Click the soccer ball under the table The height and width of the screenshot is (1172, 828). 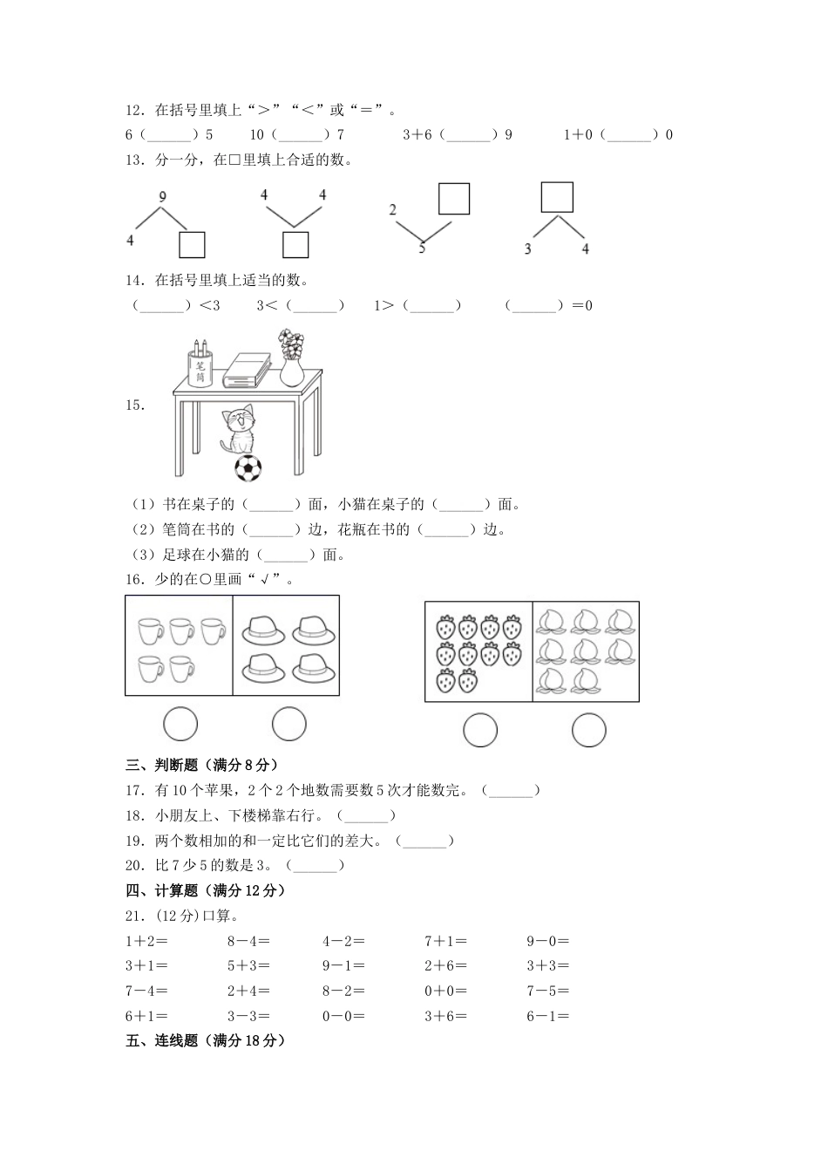point(248,468)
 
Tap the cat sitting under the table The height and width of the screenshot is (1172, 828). point(240,429)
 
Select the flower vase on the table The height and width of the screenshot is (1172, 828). point(292,358)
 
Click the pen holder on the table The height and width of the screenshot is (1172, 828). point(200,365)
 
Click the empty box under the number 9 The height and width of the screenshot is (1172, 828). point(192,245)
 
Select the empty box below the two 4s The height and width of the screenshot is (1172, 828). point(295,245)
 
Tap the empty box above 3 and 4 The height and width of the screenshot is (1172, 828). point(557,197)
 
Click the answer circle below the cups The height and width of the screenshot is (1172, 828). point(180,724)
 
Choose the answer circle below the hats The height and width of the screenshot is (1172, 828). point(288,724)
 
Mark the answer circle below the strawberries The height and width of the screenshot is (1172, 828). point(479,731)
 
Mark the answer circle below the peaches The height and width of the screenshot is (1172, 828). point(588,731)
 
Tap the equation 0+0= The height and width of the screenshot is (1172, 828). point(445,991)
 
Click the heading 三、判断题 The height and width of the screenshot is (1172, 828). point(201,765)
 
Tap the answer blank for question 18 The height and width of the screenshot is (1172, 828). point(366,816)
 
